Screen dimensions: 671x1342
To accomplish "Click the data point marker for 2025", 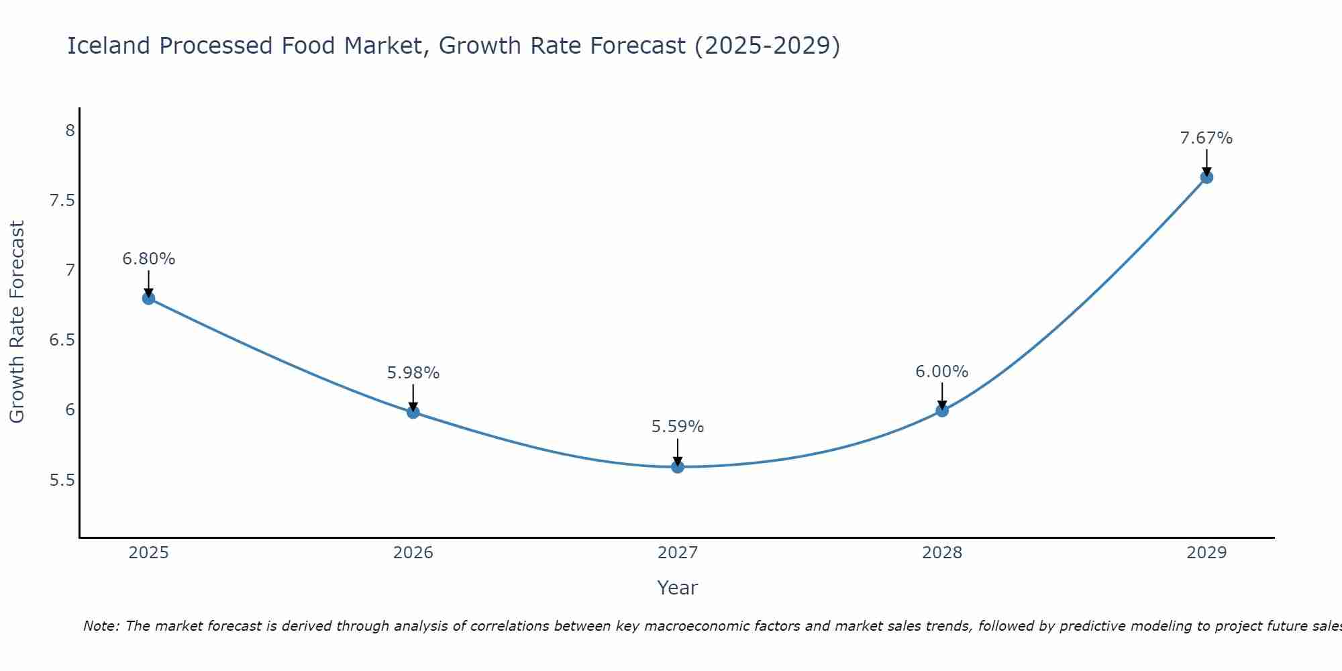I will click(148, 299).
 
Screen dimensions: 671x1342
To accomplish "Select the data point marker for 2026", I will click(413, 412).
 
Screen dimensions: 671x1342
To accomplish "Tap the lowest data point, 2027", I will click(678, 467).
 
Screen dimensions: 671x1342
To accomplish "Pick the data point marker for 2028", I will click(942, 411).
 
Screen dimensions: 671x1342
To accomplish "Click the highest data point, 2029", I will click(1206, 177).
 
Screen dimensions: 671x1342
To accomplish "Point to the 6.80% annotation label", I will click(148, 259).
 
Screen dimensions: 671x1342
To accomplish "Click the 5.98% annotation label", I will click(413, 373).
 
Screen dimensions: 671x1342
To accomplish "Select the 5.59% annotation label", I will click(678, 427).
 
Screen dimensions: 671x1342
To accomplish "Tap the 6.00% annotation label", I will click(942, 372).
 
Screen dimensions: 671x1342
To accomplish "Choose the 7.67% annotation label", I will click(1206, 138).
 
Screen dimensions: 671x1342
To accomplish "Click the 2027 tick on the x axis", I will click(678, 553).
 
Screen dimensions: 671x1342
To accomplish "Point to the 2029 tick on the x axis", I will click(1206, 553).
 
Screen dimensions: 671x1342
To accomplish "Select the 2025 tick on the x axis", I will click(148, 553).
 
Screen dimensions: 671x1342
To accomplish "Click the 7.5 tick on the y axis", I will click(62, 201).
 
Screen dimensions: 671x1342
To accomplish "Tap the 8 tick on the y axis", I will click(70, 130).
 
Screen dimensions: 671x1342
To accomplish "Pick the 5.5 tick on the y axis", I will click(62, 480).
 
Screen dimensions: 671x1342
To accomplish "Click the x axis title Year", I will click(678, 588).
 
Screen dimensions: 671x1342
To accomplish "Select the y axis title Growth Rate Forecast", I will click(17, 321).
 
